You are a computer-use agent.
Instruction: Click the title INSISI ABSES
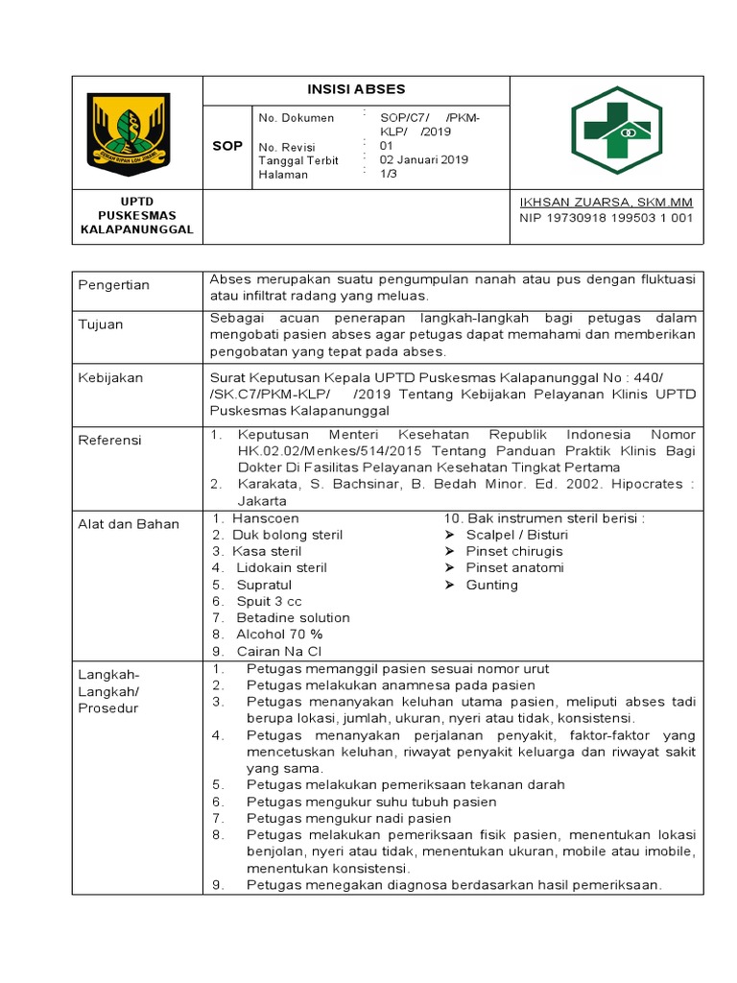coord(356,89)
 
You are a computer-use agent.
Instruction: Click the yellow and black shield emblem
coord(129,131)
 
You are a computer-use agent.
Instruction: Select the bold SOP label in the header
coord(226,146)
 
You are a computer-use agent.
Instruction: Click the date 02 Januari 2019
coord(424,160)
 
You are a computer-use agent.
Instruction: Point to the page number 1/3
coord(389,175)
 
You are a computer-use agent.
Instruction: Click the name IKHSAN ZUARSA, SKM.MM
coord(606,203)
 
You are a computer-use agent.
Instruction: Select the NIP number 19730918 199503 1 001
coord(606,218)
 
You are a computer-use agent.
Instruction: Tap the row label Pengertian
coord(114,285)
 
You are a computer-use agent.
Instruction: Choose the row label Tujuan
coord(101,324)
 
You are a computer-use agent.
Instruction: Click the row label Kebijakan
coord(108,378)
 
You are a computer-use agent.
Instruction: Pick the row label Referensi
coord(109,440)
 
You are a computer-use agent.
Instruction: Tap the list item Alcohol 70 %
coord(279,634)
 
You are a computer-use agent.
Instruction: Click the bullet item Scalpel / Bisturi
coord(516,535)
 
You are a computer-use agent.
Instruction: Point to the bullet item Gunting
coord(491,585)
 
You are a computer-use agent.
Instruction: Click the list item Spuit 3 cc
coord(269,601)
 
